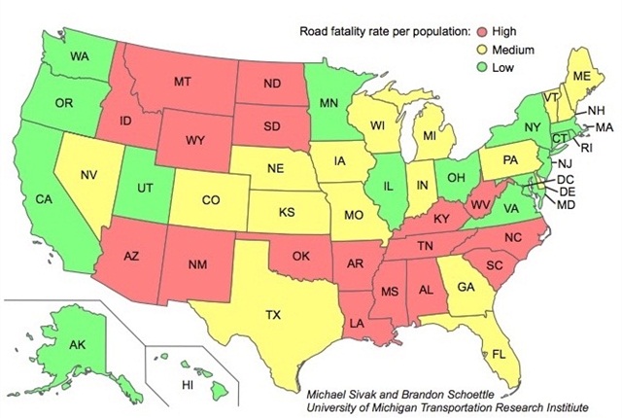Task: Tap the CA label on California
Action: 44,199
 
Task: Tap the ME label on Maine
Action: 582,76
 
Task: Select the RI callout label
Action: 585,149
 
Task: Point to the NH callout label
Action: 597,110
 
